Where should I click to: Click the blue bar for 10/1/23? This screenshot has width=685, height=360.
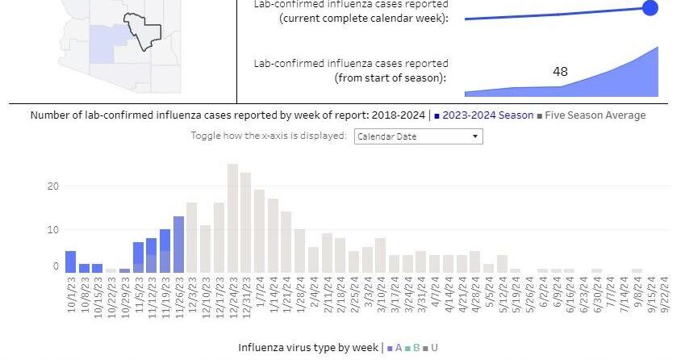pos(71,262)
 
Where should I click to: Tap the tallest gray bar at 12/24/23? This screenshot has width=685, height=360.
pos(232,218)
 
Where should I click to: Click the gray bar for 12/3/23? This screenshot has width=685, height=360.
pos(192,237)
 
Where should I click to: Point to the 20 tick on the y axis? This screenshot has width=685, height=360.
pos(53,186)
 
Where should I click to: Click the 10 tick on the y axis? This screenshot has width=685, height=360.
pos(53,229)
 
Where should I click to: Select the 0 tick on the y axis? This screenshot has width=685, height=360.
pos(56,266)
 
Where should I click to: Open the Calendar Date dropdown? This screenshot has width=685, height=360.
pos(418,136)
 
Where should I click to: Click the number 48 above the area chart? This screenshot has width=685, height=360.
pos(560,72)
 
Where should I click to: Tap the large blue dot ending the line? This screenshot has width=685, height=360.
pos(649,8)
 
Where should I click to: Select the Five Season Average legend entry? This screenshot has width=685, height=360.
pos(595,115)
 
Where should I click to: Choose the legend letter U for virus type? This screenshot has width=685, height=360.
pos(434,348)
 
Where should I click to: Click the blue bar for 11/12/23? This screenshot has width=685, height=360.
pos(151,255)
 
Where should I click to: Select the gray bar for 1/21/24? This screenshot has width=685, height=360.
pos(286,242)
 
